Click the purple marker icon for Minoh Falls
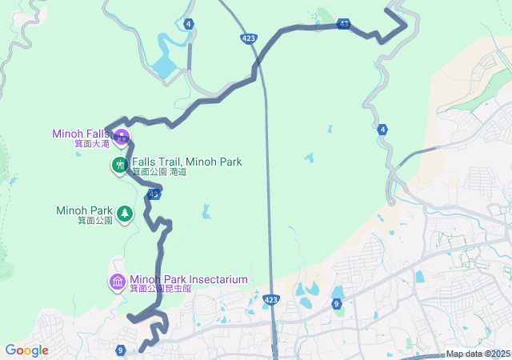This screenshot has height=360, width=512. point(122,135)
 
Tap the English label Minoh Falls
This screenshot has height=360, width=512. point(81,134)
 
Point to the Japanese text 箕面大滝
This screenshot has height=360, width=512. point(93,144)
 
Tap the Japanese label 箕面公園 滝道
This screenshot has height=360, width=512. point(158,172)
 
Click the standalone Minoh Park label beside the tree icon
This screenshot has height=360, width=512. point(85,210)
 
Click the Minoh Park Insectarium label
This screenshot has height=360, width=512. point(188,279)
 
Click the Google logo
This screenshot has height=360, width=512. point(26,350)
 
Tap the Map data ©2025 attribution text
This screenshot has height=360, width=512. point(478,354)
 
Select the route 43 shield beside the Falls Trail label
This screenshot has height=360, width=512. point(154,194)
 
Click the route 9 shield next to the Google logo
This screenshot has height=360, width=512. point(120,350)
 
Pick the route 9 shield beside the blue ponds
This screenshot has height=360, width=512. point(337,304)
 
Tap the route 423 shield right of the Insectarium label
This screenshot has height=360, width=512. point(270,299)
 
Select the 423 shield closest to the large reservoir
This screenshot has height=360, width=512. point(248,38)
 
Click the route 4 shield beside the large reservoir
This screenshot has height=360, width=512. point(188,24)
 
